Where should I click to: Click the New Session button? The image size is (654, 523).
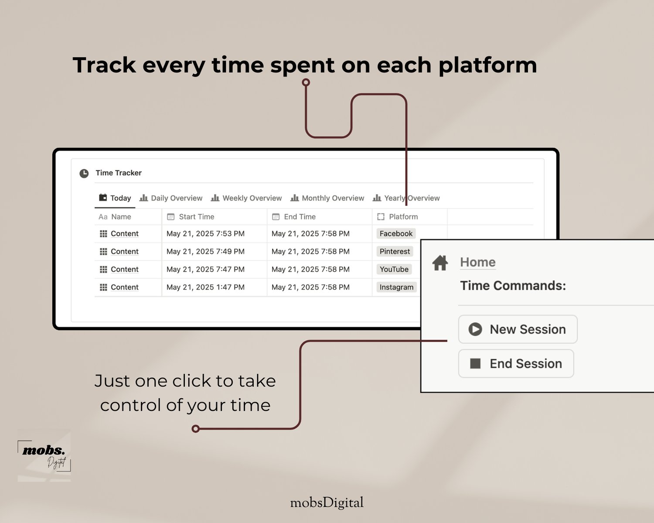coord(518,329)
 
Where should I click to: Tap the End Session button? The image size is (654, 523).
coord(516,364)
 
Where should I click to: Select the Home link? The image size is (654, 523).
coord(478,262)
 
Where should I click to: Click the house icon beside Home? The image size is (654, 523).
coord(440,263)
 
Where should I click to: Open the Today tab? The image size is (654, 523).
coord(115,198)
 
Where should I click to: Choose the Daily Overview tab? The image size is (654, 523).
coord(171,198)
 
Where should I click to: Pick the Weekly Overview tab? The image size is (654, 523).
coord(246,198)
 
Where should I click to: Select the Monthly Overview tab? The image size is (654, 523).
coord(327,198)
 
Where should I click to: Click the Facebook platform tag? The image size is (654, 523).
coord(396,233)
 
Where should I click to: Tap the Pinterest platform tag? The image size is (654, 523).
coord(395,251)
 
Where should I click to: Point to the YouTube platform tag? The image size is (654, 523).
coord(394,270)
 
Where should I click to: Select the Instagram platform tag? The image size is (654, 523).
coord(397,287)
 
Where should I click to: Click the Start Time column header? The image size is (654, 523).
coord(191,217)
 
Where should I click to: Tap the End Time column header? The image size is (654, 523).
coord(294,217)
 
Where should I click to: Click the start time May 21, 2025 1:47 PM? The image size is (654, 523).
coord(205,287)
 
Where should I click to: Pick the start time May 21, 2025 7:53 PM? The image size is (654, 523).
coord(205,233)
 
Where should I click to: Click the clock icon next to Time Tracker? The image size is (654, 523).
coord(84,173)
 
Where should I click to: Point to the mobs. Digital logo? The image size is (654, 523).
coord(44,455)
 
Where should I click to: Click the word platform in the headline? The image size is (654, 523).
coord(488,66)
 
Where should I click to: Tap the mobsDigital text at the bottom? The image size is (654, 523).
coord(327,503)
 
